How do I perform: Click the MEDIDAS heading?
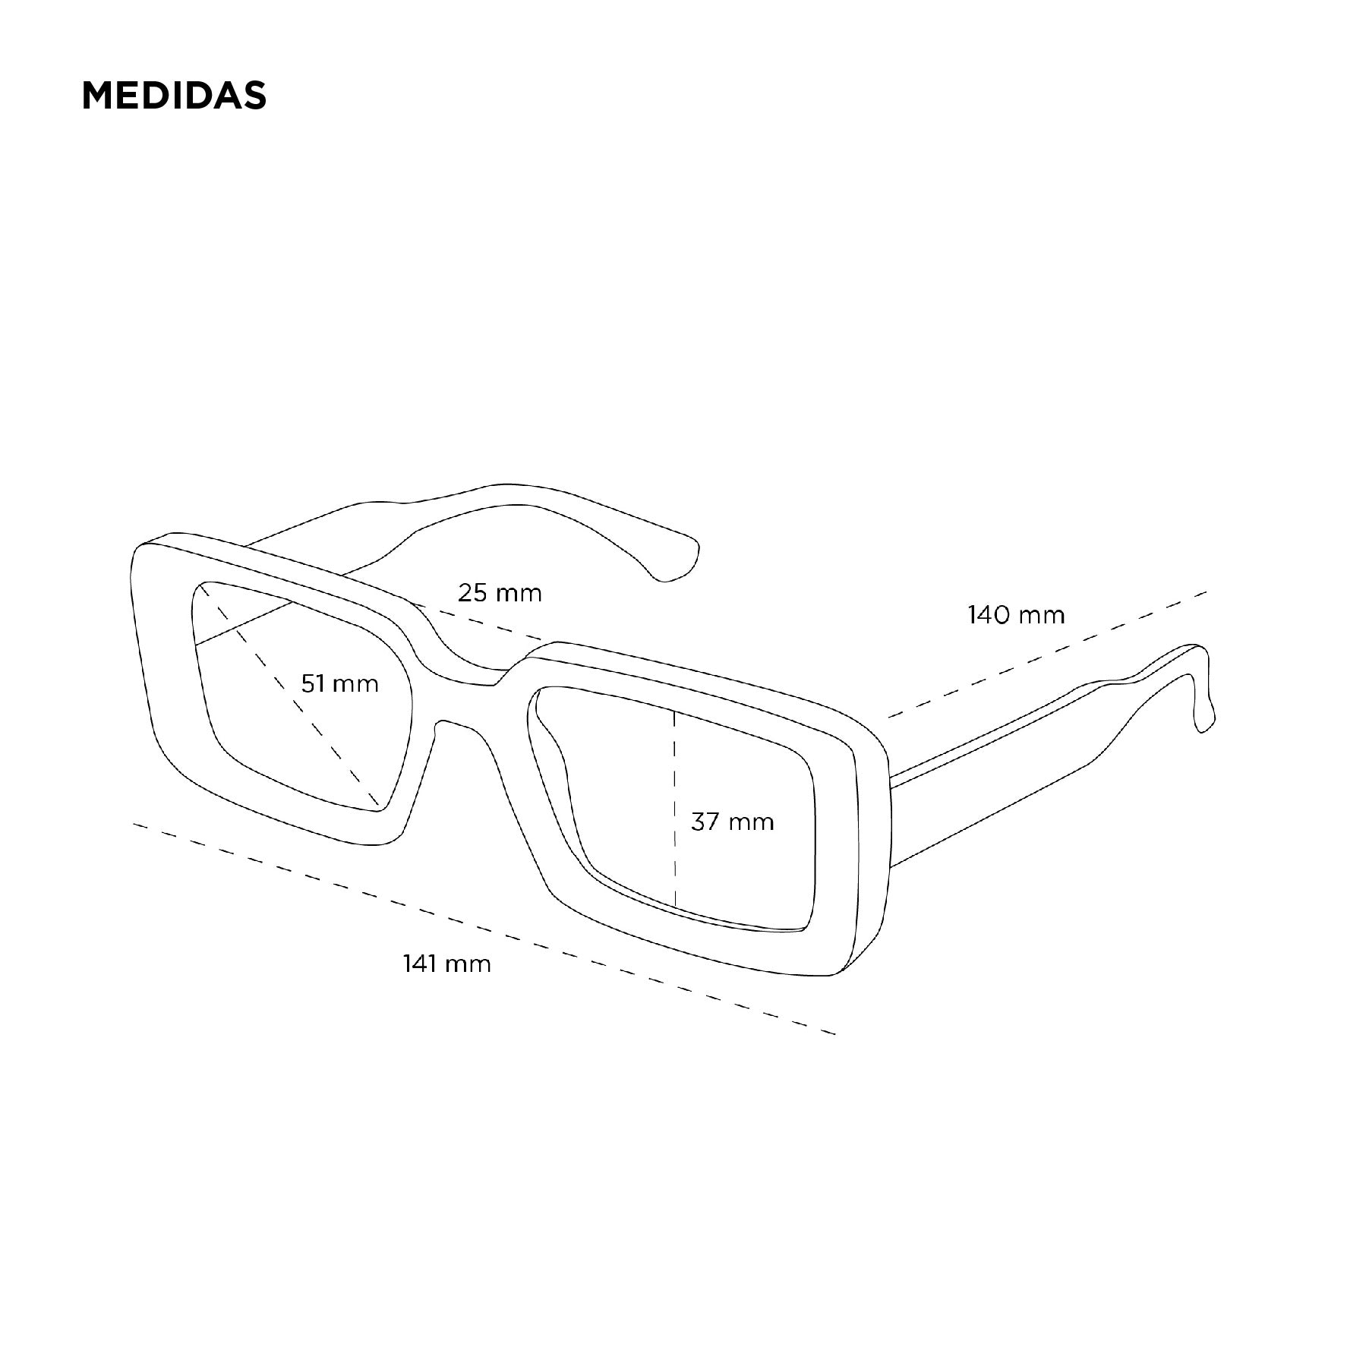coord(174,96)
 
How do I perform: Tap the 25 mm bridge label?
coord(500,592)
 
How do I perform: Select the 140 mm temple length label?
coord(1016,614)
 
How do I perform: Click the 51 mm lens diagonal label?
coord(339,683)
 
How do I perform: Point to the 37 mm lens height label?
coord(732,821)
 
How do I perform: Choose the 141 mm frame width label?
coord(446,964)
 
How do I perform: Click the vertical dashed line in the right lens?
coord(674,808)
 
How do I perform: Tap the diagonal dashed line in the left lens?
coord(289,695)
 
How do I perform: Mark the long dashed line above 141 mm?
coord(484,929)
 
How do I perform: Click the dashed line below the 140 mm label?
coord(1047,654)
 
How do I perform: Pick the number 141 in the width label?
coord(420,964)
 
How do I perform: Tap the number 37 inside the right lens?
coord(705,821)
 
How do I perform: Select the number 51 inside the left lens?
coord(313,683)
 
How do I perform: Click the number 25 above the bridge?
coord(472,592)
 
